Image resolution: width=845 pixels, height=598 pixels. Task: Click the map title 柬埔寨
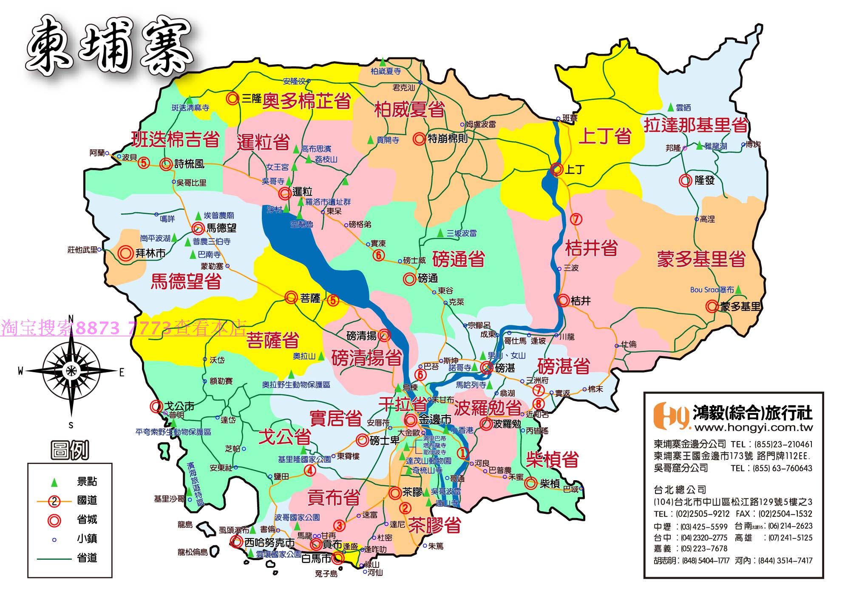(108, 48)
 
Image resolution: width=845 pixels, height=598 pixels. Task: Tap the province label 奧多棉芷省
(306, 101)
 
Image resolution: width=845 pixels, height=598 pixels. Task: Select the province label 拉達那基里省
(695, 125)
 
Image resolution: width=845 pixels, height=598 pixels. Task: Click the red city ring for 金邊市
(411, 420)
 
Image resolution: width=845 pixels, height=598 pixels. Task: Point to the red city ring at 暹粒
(284, 194)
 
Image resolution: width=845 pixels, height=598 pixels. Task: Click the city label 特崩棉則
(447, 139)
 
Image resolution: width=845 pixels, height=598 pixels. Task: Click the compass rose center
(71, 370)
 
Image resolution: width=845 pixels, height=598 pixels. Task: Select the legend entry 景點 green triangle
(54, 483)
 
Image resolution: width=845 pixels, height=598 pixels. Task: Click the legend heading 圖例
(70, 450)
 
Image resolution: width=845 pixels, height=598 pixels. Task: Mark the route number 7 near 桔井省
(576, 219)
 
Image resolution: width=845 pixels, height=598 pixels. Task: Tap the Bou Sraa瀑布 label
(712, 290)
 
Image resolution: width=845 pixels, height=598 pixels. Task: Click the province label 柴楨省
(552, 459)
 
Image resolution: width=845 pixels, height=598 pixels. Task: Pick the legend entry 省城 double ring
(54, 520)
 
